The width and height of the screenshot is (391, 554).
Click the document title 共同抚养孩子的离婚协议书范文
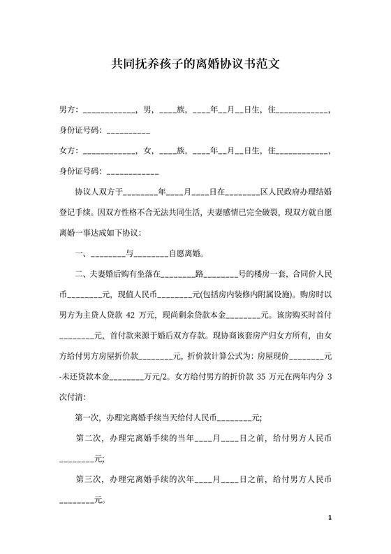point(195,64)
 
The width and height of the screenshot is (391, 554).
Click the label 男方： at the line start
point(69,111)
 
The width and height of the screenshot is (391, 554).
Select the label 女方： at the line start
point(69,150)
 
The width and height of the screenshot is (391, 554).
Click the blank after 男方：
point(109,111)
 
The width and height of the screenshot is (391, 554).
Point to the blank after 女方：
point(109,150)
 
